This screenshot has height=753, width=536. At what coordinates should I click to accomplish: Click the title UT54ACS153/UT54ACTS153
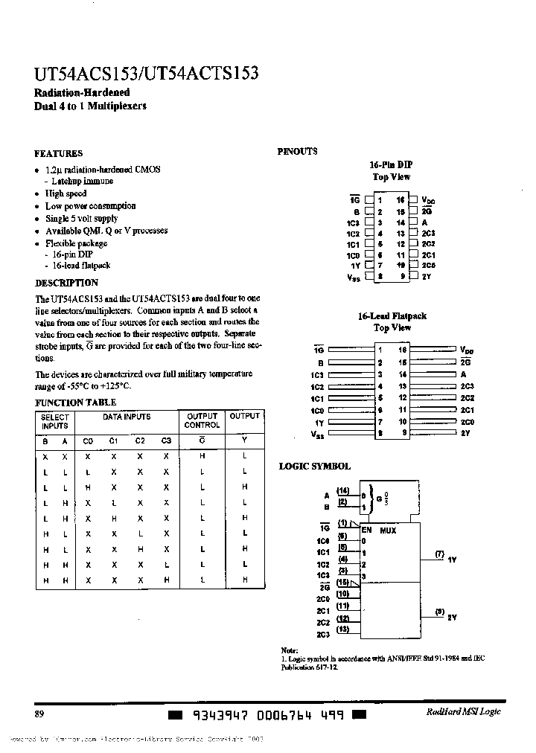147,74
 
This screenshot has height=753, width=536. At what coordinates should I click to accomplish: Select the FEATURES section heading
58,154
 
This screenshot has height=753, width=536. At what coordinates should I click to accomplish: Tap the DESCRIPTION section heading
66,283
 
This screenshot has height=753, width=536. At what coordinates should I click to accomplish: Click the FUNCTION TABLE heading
70,403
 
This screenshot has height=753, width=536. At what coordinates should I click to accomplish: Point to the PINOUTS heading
297,151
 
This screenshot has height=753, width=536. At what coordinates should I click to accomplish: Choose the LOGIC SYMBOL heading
314,466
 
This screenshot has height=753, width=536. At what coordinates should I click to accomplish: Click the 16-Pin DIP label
391,164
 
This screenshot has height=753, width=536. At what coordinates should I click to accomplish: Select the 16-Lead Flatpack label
392,316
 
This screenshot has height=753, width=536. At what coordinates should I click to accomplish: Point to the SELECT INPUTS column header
54,421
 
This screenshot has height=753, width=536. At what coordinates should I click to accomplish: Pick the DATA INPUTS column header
127,417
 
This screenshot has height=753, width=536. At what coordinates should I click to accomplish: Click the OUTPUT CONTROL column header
202,421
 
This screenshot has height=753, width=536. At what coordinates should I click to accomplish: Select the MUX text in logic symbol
388,531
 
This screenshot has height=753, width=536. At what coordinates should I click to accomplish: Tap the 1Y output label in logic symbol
452,558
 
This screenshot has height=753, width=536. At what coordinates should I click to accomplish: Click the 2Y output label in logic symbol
452,618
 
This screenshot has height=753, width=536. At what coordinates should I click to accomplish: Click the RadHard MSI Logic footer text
464,712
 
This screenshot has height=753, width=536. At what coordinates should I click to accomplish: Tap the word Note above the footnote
289,650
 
